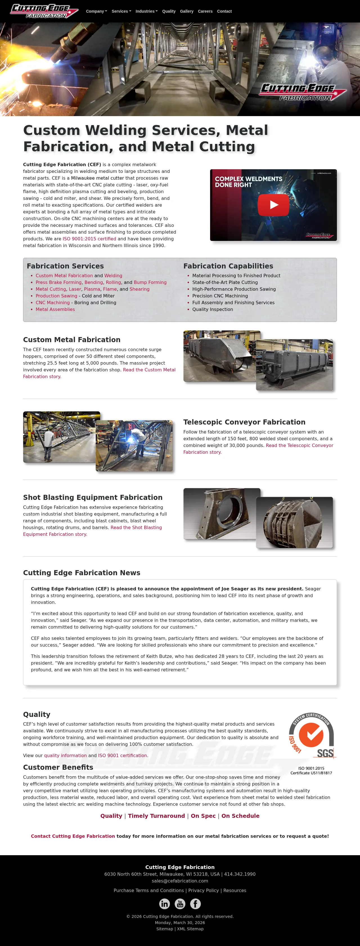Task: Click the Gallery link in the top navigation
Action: [187, 11]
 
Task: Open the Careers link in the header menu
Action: [205, 11]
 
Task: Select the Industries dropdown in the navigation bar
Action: [146, 11]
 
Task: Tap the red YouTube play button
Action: [273, 205]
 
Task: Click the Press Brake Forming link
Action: [58, 283]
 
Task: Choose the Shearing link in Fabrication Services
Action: [139, 289]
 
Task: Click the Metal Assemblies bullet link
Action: [55, 309]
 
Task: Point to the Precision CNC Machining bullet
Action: [220, 296]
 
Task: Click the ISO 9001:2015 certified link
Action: [89, 239]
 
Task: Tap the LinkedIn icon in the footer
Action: [164, 904]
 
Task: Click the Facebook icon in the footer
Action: [195, 904]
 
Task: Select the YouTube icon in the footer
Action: [180, 904]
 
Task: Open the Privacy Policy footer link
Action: [203, 891]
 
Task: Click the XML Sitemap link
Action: [190, 929]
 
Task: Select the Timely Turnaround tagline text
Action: [156, 816]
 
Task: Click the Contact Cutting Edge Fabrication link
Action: [73, 836]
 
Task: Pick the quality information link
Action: [65, 755]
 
